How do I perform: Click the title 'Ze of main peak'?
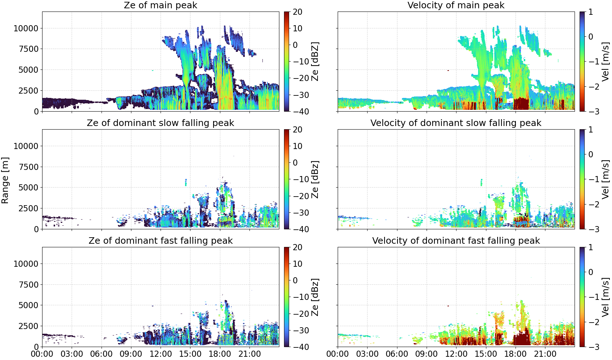[160, 5]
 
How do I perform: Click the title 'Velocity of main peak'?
[456, 5]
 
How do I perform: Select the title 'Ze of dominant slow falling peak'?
[160, 123]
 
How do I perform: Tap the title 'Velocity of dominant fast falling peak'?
[456, 240]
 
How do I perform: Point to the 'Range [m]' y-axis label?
[5, 180]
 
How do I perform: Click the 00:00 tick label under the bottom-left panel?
[42, 354]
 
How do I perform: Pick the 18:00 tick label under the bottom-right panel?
[515, 354]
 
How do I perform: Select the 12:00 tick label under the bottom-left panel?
[161, 354]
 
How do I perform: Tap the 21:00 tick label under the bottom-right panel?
[545, 354]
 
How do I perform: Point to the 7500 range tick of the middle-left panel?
[28, 167]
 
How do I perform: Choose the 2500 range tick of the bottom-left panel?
[28, 326]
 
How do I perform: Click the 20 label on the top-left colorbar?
[297, 12]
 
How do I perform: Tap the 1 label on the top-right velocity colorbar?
[590, 12]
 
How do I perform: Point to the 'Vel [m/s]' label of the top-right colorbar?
[606, 62]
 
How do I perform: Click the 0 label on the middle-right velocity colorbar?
[590, 154]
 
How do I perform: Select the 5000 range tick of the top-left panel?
[28, 69]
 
